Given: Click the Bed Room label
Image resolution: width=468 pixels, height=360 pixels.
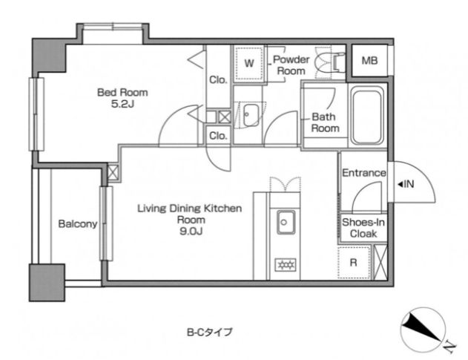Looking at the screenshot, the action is pos(122,92).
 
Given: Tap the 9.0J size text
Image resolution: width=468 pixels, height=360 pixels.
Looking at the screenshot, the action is pos(191,232).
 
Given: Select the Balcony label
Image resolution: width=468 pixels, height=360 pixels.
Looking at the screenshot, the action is pos(78,223).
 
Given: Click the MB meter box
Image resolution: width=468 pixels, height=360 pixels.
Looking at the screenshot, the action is pos(370,61).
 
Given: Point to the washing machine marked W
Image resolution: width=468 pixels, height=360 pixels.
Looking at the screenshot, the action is pos(249,63).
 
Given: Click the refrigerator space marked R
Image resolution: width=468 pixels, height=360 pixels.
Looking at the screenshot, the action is pos(354,263).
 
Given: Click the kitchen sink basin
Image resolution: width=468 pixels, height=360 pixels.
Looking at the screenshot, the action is pos(286,222).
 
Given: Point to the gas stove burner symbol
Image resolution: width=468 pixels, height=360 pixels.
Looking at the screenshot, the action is pos(286,265).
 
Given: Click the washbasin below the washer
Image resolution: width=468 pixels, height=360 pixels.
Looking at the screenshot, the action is pos(249,115).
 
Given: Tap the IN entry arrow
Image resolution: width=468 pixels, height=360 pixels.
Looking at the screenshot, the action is pos(401,184).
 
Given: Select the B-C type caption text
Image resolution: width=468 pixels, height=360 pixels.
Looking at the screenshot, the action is pos(210,333).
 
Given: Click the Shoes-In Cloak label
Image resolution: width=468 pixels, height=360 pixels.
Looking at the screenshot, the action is pos(363,228).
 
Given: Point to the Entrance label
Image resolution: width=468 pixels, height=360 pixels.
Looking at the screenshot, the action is pos(364,173).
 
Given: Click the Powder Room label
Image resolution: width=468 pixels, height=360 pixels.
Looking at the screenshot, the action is pos(291,65).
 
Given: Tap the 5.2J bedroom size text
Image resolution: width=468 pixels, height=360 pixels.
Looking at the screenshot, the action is pos(122,104).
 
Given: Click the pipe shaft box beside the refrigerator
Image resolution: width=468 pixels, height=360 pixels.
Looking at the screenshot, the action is pos(380,262).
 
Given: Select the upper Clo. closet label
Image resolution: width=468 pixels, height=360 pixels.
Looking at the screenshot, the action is pos(218,79).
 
